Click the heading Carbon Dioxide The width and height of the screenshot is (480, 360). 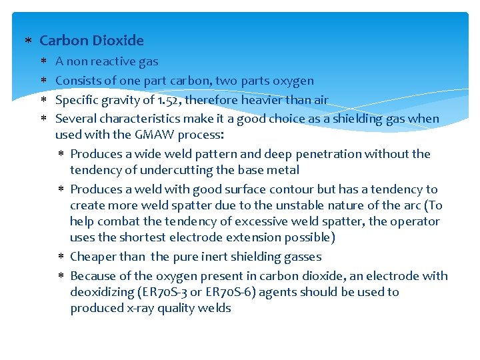tap(91, 41)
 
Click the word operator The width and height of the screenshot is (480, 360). tap(415, 221)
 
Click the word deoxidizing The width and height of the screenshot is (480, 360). tap(102, 292)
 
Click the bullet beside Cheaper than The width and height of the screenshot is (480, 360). tap(60, 257)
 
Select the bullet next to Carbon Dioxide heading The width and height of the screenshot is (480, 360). tap(27, 41)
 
